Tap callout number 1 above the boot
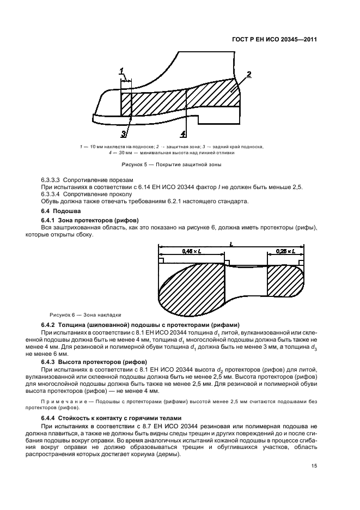123,70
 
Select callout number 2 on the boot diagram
248,74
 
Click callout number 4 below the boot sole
183,133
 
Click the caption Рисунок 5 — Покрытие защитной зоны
171,164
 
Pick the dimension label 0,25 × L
284,251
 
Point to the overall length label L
230,245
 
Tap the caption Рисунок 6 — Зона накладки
86,315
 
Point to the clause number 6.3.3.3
52,180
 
